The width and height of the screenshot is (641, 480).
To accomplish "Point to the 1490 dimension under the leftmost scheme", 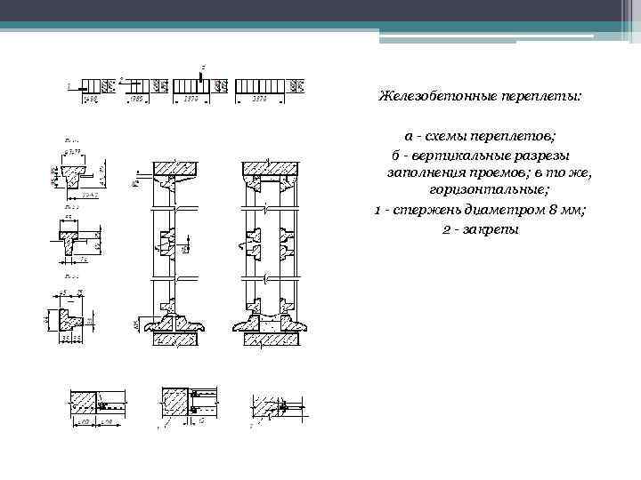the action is pos(89,100).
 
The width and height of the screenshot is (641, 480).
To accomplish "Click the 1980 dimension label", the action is pos(136,100).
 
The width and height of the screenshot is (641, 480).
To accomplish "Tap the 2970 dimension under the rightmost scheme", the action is pos(258,100).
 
